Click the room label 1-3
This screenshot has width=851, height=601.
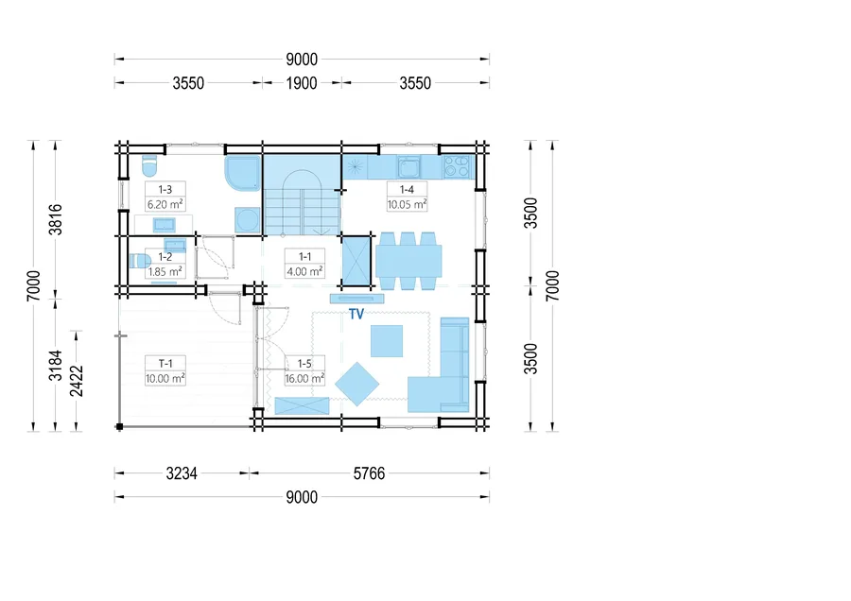(x=165, y=189)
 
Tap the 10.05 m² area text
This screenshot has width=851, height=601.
(x=407, y=204)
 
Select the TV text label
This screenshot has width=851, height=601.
(x=356, y=314)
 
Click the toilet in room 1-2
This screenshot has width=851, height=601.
(x=140, y=261)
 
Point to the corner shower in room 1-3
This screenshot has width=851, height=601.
(x=242, y=173)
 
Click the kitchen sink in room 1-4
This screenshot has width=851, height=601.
(x=408, y=167)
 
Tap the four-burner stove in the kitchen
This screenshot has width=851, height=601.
(x=457, y=167)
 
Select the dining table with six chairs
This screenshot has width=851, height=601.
(x=408, y=261)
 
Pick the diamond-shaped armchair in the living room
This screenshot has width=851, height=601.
(x=356, y=384)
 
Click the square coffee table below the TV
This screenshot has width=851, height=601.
(x=387, y=341)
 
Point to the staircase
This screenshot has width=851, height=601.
(x=302, y=196)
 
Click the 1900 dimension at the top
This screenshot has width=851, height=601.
(x=302, y=83)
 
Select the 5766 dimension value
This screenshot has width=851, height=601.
(x=369, y=473)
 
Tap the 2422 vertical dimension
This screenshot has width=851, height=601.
(x=78, y=381)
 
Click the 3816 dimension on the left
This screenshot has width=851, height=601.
(x=56, y=219)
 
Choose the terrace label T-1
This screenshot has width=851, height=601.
(x=165, y=364)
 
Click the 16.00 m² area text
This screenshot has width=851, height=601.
(x=305, y=379)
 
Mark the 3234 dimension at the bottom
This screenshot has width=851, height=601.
(x=182, y=473)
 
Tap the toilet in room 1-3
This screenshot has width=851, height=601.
(x=148, y=165)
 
